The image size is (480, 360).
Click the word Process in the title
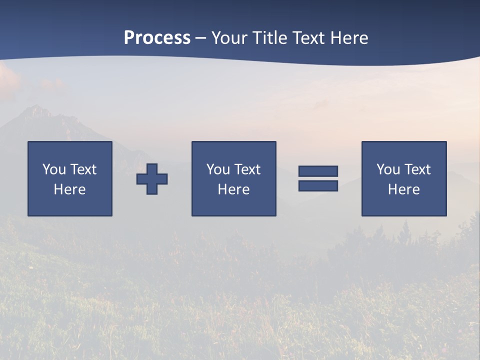pos(157,38)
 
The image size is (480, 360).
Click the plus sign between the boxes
pos(152,179)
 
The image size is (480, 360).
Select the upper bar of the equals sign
pos(318,171)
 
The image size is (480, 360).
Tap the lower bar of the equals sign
pos(318,185)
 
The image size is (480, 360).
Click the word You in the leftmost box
pos(54,169)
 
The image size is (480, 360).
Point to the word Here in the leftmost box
pos(69,189)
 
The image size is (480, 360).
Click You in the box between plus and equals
pos(218,169)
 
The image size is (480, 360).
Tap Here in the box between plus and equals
pos(233,189)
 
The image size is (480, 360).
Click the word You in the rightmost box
pos(388,169)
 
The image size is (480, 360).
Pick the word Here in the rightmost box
pos(403,189)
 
